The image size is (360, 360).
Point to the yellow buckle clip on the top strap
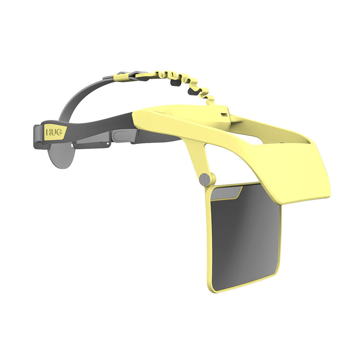[121, 76]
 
